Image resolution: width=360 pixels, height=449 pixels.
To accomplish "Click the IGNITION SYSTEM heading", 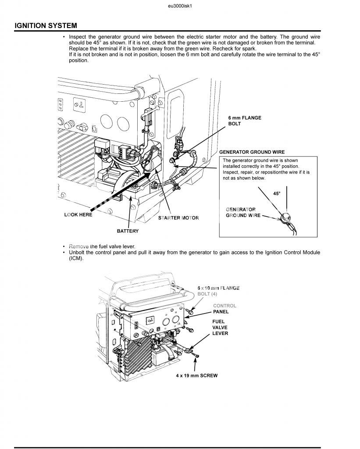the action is coord(46,25).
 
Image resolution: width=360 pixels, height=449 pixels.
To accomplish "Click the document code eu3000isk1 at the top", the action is coord(180,6).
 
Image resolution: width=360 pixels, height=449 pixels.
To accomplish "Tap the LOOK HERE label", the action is coord(78,214).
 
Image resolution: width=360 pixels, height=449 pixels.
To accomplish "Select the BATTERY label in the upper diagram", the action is coord(128,231).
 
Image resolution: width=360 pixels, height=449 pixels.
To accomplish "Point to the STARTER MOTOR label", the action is coord(178,218).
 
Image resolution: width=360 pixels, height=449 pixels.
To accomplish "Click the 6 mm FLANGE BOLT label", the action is coord(245,121).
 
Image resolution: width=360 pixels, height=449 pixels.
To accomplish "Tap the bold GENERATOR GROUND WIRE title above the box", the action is coord(252,152).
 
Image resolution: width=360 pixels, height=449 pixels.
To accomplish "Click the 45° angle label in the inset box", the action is coord(277,193).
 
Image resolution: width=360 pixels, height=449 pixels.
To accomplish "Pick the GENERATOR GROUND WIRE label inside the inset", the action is coord(243,213).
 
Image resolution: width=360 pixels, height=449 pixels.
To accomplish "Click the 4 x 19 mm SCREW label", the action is coord(197,375).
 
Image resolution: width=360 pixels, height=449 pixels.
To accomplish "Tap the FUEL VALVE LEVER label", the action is coord(220,327).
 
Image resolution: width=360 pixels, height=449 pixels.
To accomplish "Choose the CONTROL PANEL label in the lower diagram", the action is coord(225,309).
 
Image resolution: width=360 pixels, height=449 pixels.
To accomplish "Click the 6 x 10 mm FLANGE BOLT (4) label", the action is coord(218,291).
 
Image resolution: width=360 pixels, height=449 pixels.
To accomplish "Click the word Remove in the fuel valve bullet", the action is coord(79,246).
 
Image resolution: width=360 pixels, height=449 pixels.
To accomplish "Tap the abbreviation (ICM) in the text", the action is coord(76,258).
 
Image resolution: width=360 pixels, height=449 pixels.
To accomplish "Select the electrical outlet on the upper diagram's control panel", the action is coord(79,103).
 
